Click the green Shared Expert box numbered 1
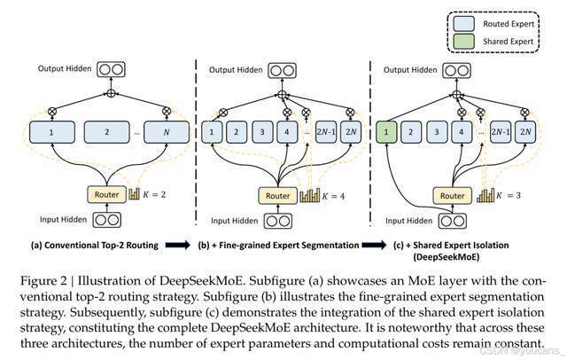click(x=388, y=135)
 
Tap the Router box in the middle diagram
click(x=277, y=194)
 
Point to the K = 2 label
click(x=156, y=192)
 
